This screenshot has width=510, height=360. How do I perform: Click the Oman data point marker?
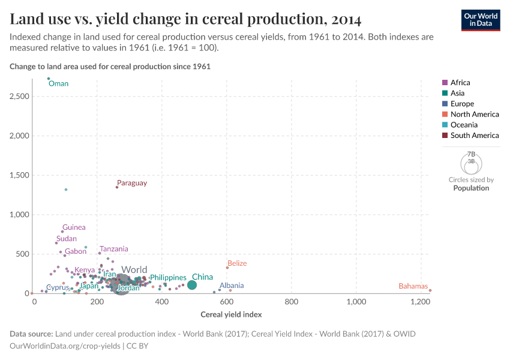pyautogui.click(x=49, y=79)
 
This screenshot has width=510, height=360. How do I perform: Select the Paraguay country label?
pyautogui.click(x=131, y=183)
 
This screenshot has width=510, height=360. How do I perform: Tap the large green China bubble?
pyautogui.click(x=192, y=285)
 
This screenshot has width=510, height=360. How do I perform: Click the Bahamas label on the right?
pyautogui.click(x=413, y=286)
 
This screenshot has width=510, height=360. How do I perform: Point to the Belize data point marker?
pyautogui.click(x=227, y=268)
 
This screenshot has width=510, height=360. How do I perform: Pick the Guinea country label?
pyautogui.click(x=74, y=227)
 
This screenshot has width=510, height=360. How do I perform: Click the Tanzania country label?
pyautogui.click(x=113, y=249)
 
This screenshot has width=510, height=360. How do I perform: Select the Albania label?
pyautogui.click(x=231, y=286)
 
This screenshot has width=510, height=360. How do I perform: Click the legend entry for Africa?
pyautogui.click(x=460, y=83)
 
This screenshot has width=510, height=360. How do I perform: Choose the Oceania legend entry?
pyautogui.click(x=464, y=125)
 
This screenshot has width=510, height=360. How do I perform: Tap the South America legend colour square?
pyautogui.click(x=445, y=136)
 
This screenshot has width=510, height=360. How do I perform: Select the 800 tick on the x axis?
pyautogui.click(x=292, y=302)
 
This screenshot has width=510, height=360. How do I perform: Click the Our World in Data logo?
pyautogui.click(x=481, y=20)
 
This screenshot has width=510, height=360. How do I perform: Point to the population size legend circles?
pyautogui.click(x=471, y=163)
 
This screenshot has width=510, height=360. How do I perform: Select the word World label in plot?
pyautogui.click(x=134, y=270)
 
